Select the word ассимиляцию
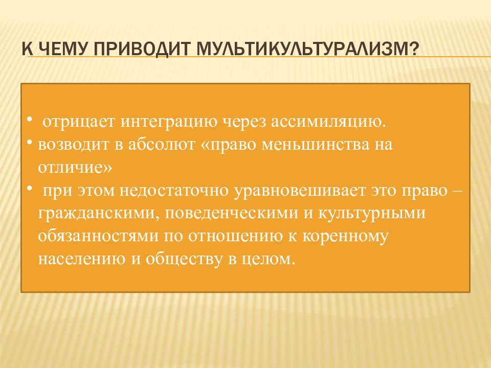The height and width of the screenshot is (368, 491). (x=328, y=122)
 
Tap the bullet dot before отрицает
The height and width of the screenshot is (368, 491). (x=29, y=119)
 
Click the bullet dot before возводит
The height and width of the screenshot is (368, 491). (x=29, y=143)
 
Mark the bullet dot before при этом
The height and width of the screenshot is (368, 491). (x=29, y=189)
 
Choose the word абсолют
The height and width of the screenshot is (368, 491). (x=162, y=144)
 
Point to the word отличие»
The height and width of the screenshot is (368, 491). (x=75, y=168)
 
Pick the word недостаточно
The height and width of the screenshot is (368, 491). (x=174, y=191)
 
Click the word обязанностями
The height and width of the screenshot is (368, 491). (x=98, y=236)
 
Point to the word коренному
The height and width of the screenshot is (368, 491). (x=345, y=237)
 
